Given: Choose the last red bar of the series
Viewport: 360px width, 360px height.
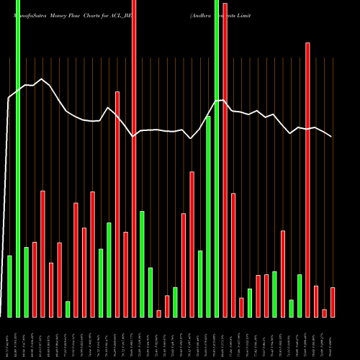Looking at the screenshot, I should (x=333, y=302).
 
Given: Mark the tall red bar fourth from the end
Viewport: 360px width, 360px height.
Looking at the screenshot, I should (x=307, y=180).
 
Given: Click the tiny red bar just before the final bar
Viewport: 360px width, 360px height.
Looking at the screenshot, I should (x=325, y=312).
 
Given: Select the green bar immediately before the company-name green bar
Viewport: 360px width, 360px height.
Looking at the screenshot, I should (x=208, y=216).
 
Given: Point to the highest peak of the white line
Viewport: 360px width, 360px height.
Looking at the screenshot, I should (x=42, y=79).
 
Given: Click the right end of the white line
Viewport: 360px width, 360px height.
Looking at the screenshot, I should (x=332, y=137).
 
